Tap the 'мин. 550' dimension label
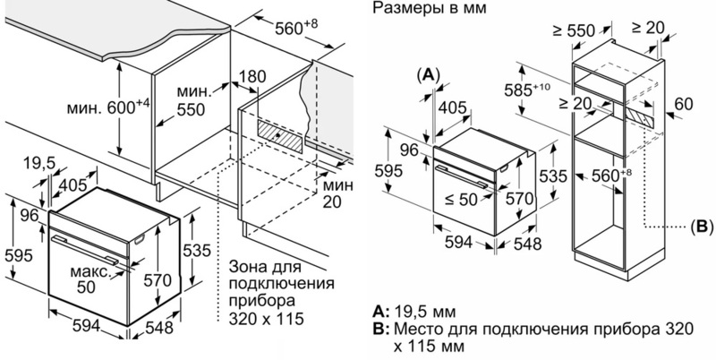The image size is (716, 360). (198, 99)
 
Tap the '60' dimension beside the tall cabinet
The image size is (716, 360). (684, 104)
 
